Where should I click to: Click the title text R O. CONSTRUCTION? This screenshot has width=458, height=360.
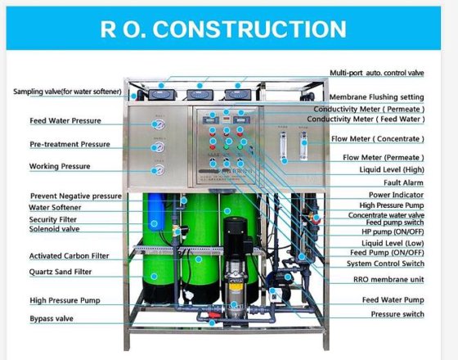tap(223, 29)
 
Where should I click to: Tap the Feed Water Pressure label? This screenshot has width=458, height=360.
tap(65, 121)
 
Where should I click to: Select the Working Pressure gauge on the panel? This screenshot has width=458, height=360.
tap(159, 170)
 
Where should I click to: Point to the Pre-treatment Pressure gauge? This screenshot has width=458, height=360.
tap(159, 147)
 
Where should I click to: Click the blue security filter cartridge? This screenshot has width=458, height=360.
tap(156, 212)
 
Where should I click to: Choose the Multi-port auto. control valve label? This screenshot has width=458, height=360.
tap(377, 73)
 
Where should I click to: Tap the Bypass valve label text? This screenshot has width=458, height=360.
tap(52, 318)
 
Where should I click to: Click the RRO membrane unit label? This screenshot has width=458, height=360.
tap(388, 280)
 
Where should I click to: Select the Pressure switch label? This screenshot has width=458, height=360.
tap(397, 314)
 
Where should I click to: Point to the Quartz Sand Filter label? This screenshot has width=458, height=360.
tap(61, 272)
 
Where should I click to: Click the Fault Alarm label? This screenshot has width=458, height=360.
tap(403, 183)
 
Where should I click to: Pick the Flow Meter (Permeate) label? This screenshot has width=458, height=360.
tap(384, 157)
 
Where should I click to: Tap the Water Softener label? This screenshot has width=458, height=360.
tap(55, 208)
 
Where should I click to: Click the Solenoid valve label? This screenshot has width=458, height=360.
tap(54, 229)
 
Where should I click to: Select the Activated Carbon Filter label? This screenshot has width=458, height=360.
tap(69, 256)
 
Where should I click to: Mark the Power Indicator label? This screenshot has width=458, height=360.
tap(396, 195)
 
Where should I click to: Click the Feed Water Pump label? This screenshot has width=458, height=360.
tap(393, 299)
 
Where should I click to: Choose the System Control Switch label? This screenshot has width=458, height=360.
tap(385, 263)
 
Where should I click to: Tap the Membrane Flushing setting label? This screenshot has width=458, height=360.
tap(376, 97)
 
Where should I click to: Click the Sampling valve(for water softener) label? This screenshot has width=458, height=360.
tap(67, 92)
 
